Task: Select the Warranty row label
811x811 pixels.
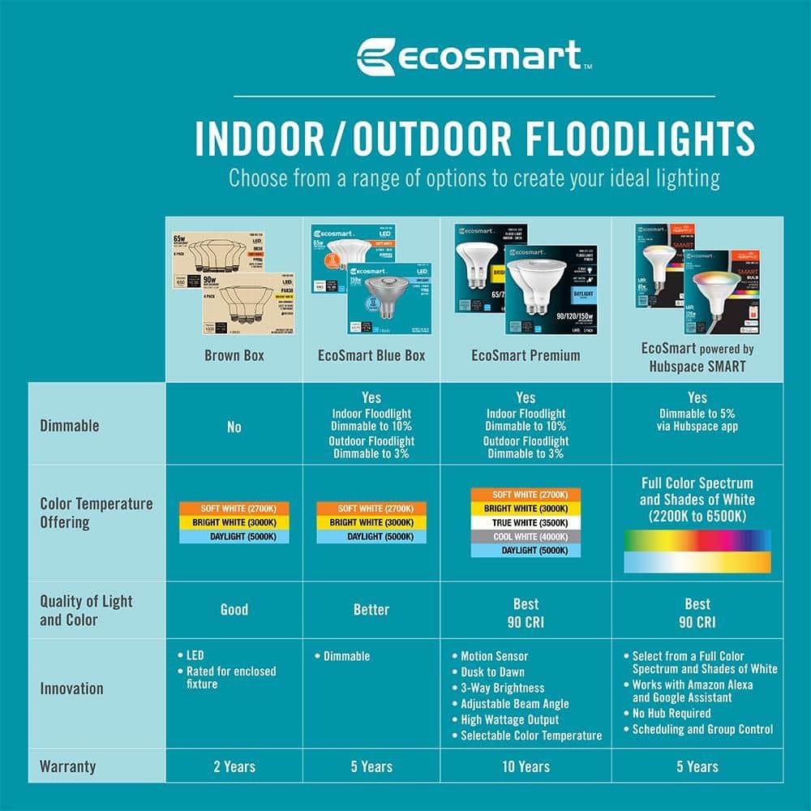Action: [x=67, y=766]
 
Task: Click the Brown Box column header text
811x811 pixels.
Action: [x=234, y=355]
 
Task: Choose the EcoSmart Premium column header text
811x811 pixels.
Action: [x=526, y=355]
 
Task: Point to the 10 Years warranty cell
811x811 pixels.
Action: [x=526, y=766]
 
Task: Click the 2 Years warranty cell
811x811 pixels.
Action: [x=234, y=766]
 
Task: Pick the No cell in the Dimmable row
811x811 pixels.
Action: [x=234, y=427]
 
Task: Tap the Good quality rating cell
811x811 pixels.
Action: [x=234, y=609]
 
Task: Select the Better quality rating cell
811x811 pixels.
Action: [x=371, y=609]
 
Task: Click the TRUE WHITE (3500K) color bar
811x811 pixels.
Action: [x=526, y=522]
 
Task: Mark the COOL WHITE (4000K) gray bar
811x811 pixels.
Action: [x=526, y=536]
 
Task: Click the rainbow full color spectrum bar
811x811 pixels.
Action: [x=697, y=540]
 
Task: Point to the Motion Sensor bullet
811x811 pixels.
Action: [x=494, y=656]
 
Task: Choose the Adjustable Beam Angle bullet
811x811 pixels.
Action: [x=514, y=704]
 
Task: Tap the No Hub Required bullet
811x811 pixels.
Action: [x=671, y=714]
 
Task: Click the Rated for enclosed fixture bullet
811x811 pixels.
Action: [x=230, y=677]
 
